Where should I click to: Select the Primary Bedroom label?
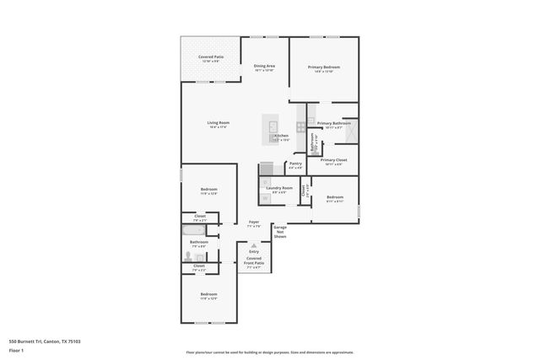click(x=324, y=67)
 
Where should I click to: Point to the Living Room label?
click(x=219, y=123)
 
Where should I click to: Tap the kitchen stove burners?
click(x=301, y=126)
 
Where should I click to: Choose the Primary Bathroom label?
click(x=334, y=124)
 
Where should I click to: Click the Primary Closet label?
click(x=333, y=159)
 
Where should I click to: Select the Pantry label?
click(x=295, y=164)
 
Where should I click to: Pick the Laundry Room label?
click(x=279, y=188)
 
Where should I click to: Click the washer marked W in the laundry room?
click(x=266, y=198)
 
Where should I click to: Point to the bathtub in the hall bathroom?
click(x=192, y=228)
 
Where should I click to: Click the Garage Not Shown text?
click(x=279, y=232)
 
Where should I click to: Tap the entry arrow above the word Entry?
click(x=253, y=244)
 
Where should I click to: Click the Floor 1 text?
click(x=16, y=350)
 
